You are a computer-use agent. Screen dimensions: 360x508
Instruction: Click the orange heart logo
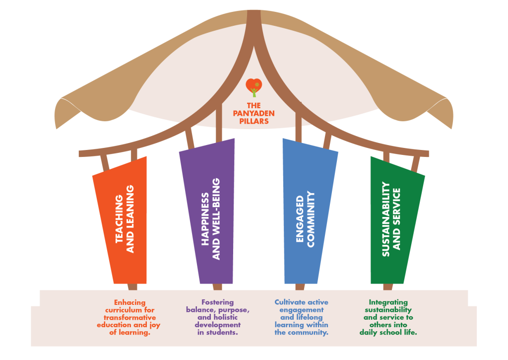tap(254, 88)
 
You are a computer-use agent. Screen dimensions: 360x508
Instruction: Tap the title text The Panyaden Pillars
tap(254, 113)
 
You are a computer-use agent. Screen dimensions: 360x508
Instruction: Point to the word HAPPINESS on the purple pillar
tap(205, 219)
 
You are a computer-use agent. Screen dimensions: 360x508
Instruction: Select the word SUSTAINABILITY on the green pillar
tap(385, 219)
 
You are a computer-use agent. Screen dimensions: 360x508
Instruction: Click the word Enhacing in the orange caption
tap(130, 302)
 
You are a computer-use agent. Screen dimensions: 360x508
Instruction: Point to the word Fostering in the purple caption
tap(217, 302)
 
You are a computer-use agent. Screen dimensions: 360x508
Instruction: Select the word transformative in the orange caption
tap(130, 318)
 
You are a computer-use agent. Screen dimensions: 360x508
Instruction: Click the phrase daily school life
tap(388, 333)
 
